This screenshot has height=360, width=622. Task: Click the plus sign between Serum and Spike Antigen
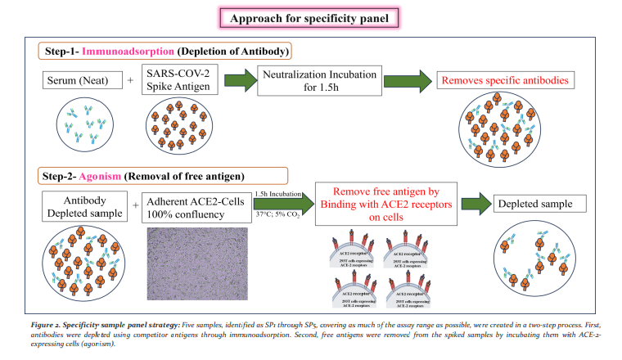(x=129, y=81)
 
